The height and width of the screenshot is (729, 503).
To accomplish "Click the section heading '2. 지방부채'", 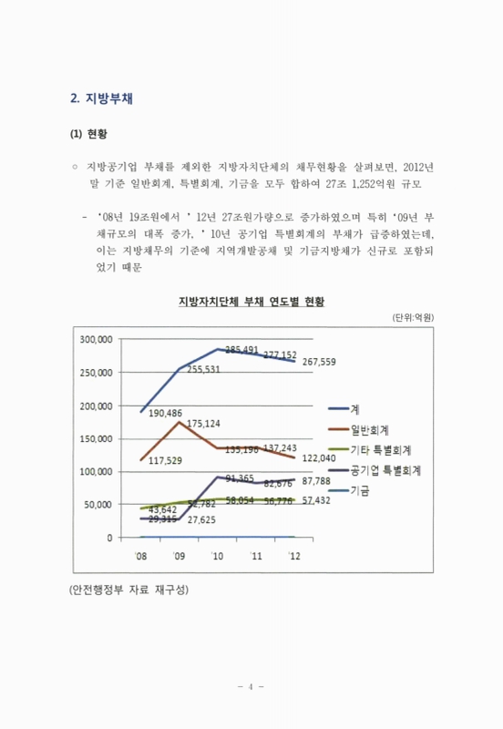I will pos(102,98).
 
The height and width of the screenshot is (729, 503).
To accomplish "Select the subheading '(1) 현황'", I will pos(88,134).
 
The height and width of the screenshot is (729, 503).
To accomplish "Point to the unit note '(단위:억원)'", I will pos(413,317).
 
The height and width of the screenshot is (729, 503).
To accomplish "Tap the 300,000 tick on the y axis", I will pos(97,339).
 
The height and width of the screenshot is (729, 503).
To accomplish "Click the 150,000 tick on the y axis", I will pos(97,438).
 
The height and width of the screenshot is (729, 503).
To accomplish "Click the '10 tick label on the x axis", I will pos(217,555).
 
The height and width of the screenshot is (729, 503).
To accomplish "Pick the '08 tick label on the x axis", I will pos(141,555).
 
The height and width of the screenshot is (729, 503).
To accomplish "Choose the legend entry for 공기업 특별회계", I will pos(391,470).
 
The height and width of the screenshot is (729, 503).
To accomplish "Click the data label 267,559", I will pos(319,362).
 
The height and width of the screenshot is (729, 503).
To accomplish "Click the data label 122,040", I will pos(320,457).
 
